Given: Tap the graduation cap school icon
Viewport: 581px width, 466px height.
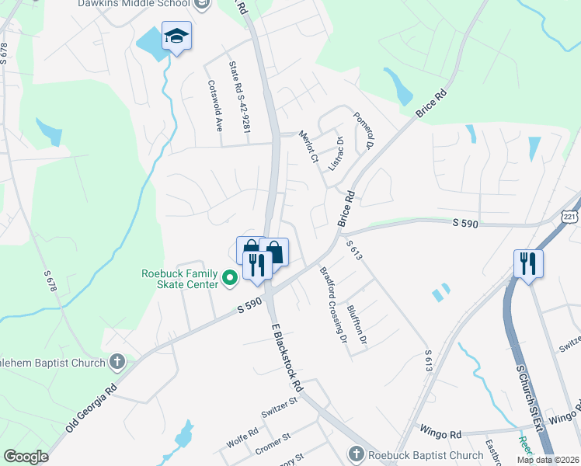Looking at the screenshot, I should coord(176,37).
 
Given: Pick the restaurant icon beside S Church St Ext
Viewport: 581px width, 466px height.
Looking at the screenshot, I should coord(528,263).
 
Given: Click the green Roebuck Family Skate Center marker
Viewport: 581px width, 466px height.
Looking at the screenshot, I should coord(229,277).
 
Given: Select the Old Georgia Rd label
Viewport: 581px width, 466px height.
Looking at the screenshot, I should coord(92,409).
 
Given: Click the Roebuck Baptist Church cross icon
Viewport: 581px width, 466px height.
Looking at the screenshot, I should coord(356,454).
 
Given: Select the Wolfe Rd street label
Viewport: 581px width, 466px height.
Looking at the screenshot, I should coord(242,433).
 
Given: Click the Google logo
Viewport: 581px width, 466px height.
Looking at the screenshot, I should coord(26,457).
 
